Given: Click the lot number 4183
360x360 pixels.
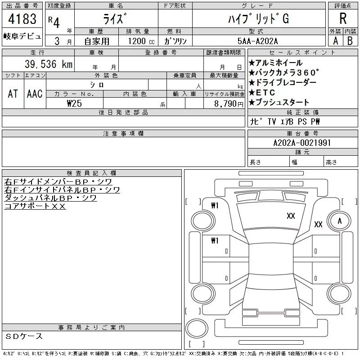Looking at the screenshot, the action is pyautogui.click(x=22, y=19).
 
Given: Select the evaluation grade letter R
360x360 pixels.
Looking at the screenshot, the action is pyautogui.click(x=343, y=18).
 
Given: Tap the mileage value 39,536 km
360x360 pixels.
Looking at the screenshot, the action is pyautogui.click(x=49, y=64).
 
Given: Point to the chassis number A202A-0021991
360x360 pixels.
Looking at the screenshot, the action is pyautogui.click(x=302, y=143).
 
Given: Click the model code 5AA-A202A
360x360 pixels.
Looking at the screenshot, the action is pyautogui.click(x=257, y=41).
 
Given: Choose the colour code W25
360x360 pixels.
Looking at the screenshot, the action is pyautogui.click(x=74, y=103).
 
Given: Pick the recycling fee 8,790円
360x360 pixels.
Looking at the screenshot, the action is pyautogui.click(x=229, y=104).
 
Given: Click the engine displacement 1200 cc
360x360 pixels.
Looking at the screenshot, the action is pyautogui.click(x=141, y=41).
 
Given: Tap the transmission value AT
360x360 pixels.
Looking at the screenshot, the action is pyautogui.click(x=13, y=94).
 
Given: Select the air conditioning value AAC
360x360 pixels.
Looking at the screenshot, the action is pyautogui.click(x=35, y=94).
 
